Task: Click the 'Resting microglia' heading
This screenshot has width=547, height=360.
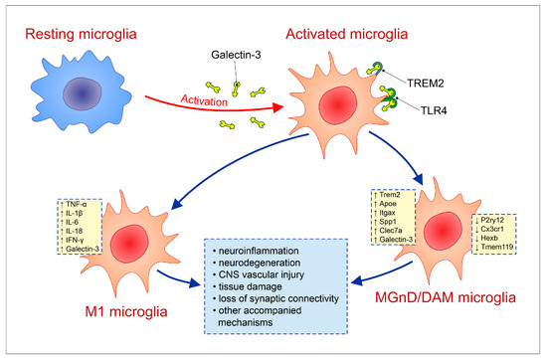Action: click(x=81, y=35)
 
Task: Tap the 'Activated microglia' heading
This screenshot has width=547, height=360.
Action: click(x=346, y=35)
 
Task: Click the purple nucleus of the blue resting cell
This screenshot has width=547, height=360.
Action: click(x=82, y=93)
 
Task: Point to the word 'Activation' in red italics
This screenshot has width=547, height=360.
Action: click(x=204, y=100)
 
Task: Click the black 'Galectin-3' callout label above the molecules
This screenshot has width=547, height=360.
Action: click(x=236, y=55)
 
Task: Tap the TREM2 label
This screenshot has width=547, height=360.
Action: click(x=426, y=84)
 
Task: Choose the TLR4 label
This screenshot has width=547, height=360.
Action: click(x=434, y=111)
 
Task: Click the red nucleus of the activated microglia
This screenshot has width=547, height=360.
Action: click(x=338, y=105)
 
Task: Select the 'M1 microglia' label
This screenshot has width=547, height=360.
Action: click(x=126, y=311)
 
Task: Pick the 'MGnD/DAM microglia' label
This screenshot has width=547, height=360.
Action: click(x=446, y=297)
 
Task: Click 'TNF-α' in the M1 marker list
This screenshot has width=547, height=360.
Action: click(x=76, y=205)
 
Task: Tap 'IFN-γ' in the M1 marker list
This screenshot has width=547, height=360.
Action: click(x=75, y=240)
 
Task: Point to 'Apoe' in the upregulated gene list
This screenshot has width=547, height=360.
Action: click(x=388, y=204)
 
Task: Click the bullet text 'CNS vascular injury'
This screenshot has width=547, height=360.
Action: click(x=262, y=274)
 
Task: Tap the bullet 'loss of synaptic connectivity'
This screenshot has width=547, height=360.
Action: click(x=278, y=299)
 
